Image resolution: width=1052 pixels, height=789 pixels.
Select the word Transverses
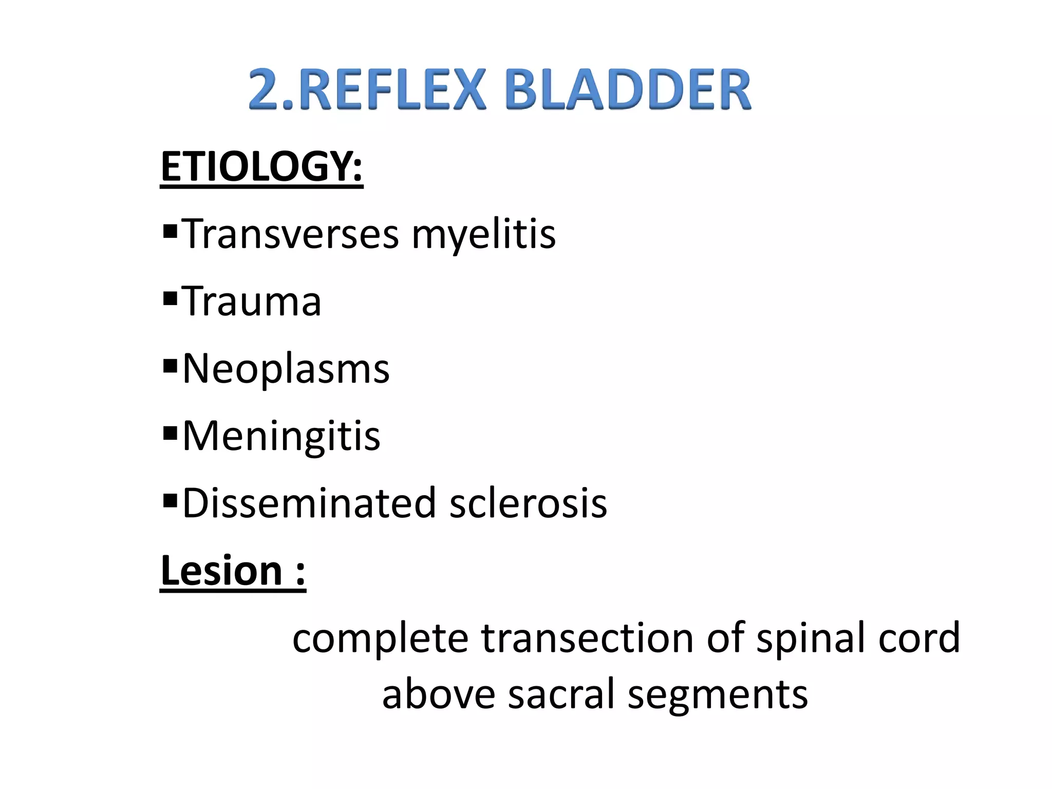click(x=291, y=234)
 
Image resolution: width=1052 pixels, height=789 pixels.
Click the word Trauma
click(x=252, y=302)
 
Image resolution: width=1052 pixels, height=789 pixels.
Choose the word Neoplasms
click(x=286, y=369)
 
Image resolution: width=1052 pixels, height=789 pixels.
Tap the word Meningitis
click(x=281, y=436)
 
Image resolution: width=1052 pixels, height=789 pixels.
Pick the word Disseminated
click(x=309, y=503)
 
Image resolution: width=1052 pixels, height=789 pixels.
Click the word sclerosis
click(x=528, y=503)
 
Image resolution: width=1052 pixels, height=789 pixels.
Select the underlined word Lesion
click(x=221, y=571)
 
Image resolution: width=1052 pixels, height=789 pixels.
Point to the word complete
click(x=381, y=638)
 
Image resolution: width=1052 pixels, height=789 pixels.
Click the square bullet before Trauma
click(x=170, y=298)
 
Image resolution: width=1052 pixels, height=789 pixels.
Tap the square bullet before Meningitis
click(x=170, y=433)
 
